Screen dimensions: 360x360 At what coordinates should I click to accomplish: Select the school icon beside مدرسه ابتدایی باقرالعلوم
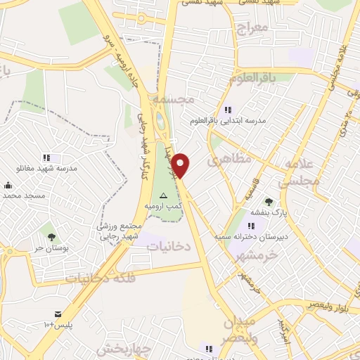pyautogui.click(x=227, y=110)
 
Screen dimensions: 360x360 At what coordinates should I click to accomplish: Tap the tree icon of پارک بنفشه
pyautogui.click(x=269, y=201)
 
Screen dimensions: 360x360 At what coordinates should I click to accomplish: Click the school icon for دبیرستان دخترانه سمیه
pyautogui.click(x=252, y=225)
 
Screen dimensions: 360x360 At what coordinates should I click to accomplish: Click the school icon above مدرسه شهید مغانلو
pyautogui.click(x=46, y=157)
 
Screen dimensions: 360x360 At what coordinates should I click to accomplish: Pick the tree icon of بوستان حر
pyautogui.click(x=49, y=230)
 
